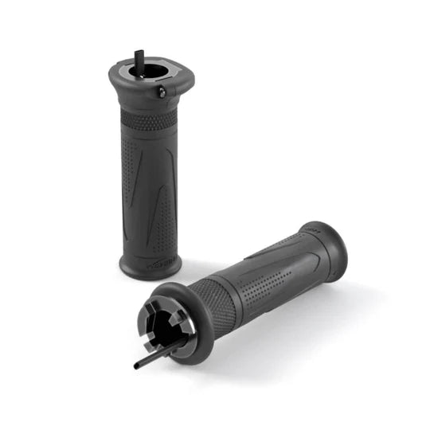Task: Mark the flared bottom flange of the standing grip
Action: [149, 266]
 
